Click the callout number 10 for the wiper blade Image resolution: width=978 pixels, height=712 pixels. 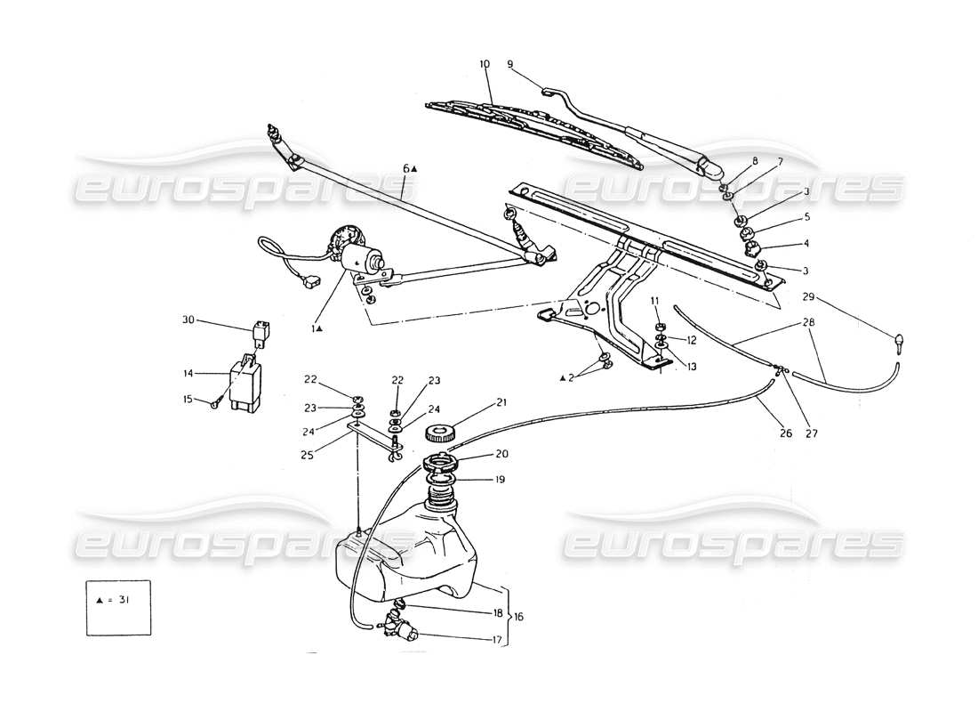point(485,64)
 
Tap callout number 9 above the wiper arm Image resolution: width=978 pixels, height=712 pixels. point(510,64)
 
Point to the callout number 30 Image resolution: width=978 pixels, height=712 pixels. point(188,320)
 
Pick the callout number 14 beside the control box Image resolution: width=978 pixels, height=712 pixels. point(188,374)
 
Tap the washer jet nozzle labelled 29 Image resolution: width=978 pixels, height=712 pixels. point(900,341)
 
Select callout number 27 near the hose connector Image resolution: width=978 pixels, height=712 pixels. point(811,434)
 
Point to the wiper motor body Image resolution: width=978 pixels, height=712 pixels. point(363,260)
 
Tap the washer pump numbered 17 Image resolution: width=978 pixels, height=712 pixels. point(403,633)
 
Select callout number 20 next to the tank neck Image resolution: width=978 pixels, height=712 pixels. point(501,452)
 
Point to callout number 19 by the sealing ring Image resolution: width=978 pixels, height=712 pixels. point(500,480)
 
